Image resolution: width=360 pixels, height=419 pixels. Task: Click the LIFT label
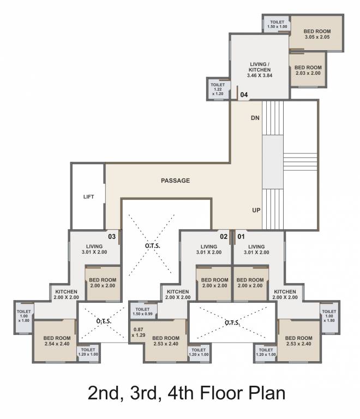[x=88, y=197]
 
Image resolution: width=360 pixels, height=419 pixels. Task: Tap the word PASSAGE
[x=175, y=181]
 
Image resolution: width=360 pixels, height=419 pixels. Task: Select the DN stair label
[x=255, y=118]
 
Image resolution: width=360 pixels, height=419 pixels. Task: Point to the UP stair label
[x=255, y=209]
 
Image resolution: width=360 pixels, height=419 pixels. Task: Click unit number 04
[x=244, y=95]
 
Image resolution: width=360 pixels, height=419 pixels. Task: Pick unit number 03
[x=111, y=237]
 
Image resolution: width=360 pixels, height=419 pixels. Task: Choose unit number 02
[x=223, y=237]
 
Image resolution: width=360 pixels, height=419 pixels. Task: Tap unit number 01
[x=241, y=237]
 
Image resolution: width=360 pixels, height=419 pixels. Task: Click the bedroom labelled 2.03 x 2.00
[x=308, y=70]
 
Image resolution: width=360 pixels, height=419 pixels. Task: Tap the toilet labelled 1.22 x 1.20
[x=217, y=89]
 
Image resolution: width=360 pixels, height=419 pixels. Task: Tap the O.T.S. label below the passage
[x=152, y=246]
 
